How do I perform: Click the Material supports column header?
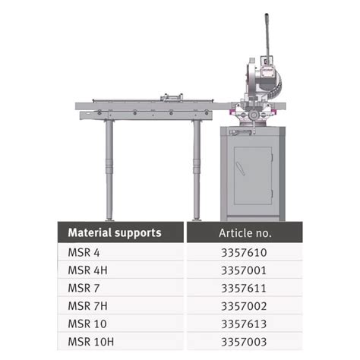(x=114, y=232)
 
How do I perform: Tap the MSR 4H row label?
(x=87, y=270)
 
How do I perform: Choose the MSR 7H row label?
(x=87, y=306)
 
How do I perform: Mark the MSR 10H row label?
(x=90, y=343)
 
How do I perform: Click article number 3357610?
(x=244, y=252)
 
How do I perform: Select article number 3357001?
(x=244, y=270)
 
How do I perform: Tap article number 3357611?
(x=244, y=288)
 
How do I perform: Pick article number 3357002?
(x=244, y=306)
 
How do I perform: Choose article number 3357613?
(x=244, y=324)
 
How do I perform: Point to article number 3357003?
(x=244, y=343)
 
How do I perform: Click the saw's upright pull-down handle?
(x=267, y=38)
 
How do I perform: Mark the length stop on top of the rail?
(x=172, y=98)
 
